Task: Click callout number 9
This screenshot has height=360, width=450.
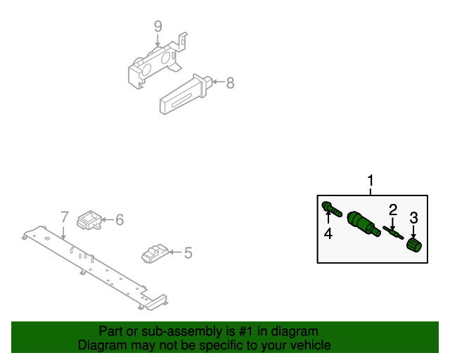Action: click(158, 27)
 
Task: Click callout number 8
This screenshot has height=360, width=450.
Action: click(230, 83)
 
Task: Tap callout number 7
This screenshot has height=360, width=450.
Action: click(63, 217)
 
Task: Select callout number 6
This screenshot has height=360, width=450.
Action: click(120, 220)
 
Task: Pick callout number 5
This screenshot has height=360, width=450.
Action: click(188, 251)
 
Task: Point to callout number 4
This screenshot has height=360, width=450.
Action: click(328, 233)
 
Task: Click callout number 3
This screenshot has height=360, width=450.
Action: click(414, 217)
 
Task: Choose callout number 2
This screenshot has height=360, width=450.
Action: click(393, 209)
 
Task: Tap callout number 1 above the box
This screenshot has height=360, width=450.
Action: click(371, 181)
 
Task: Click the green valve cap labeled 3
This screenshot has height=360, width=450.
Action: click(414, 244)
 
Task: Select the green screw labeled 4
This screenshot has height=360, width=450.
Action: click(331, 208)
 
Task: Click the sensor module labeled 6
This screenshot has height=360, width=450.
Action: click(90, 219)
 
